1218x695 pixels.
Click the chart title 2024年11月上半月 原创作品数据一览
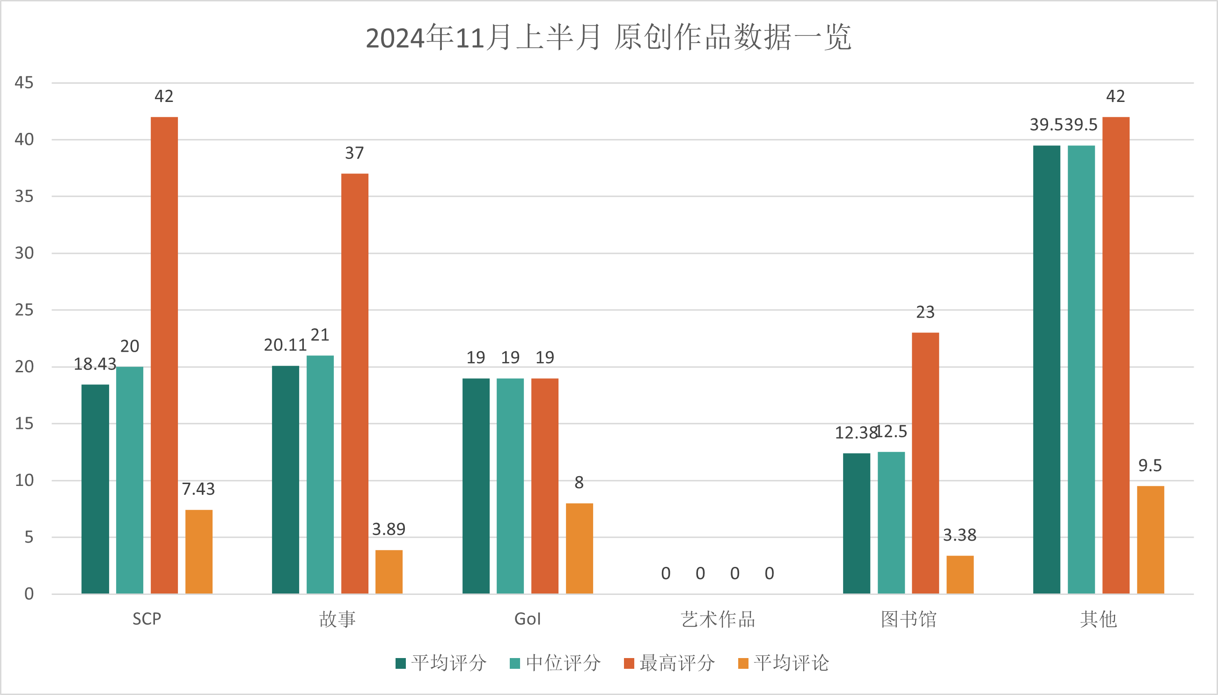tap(609, 37)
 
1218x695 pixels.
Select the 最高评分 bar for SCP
tap(164, 355)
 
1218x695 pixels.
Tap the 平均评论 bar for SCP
tap(198, 552)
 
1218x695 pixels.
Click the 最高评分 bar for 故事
tap(354, 384)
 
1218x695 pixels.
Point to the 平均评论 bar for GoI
tap(580, 549)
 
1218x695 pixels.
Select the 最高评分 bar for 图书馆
tap(925, 463)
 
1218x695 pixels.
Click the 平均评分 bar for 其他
tap(1047, 369)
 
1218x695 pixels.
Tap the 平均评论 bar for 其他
tap(1150, 540)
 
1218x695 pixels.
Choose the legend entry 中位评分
tap(556, 663)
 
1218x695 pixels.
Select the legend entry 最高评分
tap(670, 663)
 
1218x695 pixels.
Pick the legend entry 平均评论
tap(784, 663)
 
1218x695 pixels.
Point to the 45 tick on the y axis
tap(24, 83)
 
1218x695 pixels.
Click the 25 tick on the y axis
tap(24, 310)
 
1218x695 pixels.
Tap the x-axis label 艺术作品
tap(718, 619)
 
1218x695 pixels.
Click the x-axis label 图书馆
tap(909, 619)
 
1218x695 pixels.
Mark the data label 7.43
tap(198, 489)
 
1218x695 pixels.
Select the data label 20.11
tap(285, 345)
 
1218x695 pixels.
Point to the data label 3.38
tap(960, 535)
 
